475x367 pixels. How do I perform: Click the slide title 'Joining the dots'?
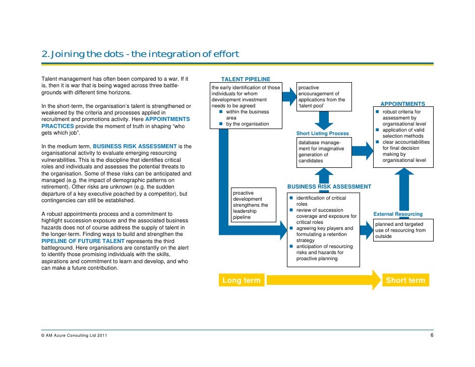(x=140, y=54)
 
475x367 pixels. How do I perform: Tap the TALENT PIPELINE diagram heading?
(x=246, y=79)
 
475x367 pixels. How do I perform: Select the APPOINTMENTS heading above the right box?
(x=402, y=104)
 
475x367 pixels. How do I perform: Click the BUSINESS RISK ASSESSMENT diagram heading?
(x=329, y=187)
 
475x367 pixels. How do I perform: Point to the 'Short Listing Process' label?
(x=322, y=133)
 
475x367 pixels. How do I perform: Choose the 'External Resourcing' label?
(x=398, y=214)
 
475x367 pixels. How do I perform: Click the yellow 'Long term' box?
(x=241, y=280)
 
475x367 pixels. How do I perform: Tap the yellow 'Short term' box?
(x=405, y=280)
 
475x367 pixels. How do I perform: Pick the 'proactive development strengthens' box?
(x=253, y=205)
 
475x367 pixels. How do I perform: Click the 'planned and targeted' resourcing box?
(x=400, y=230)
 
